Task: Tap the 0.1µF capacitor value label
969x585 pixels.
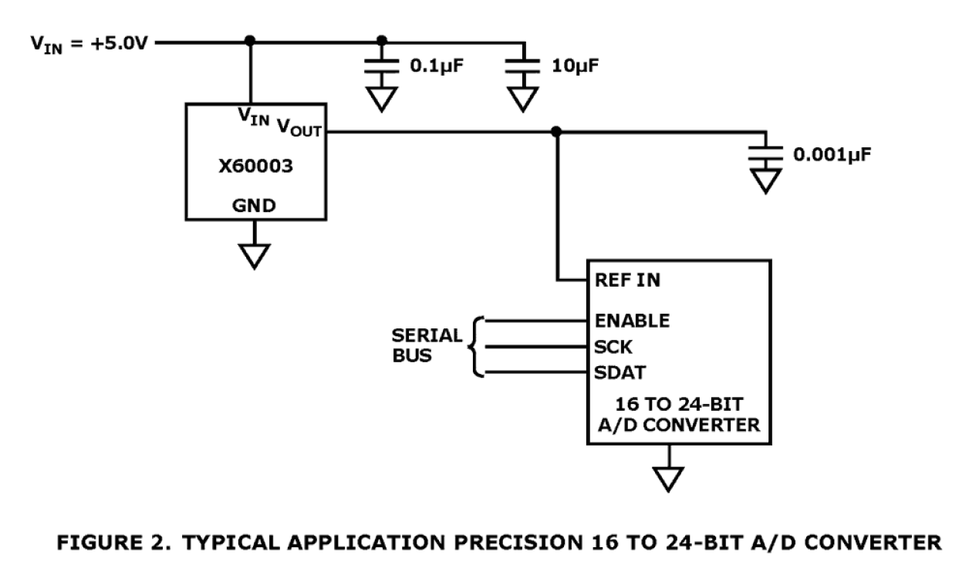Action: (436, 67)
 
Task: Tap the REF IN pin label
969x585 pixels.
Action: (628, 280)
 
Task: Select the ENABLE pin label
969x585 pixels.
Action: (632, 319)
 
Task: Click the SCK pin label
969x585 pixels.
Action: (613, 346)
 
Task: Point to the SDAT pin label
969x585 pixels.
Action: (619, 373)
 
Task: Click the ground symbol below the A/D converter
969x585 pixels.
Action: (670, 478)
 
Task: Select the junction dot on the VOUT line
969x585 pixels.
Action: (556, 132)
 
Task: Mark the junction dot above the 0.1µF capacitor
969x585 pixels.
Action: (381, 41)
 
